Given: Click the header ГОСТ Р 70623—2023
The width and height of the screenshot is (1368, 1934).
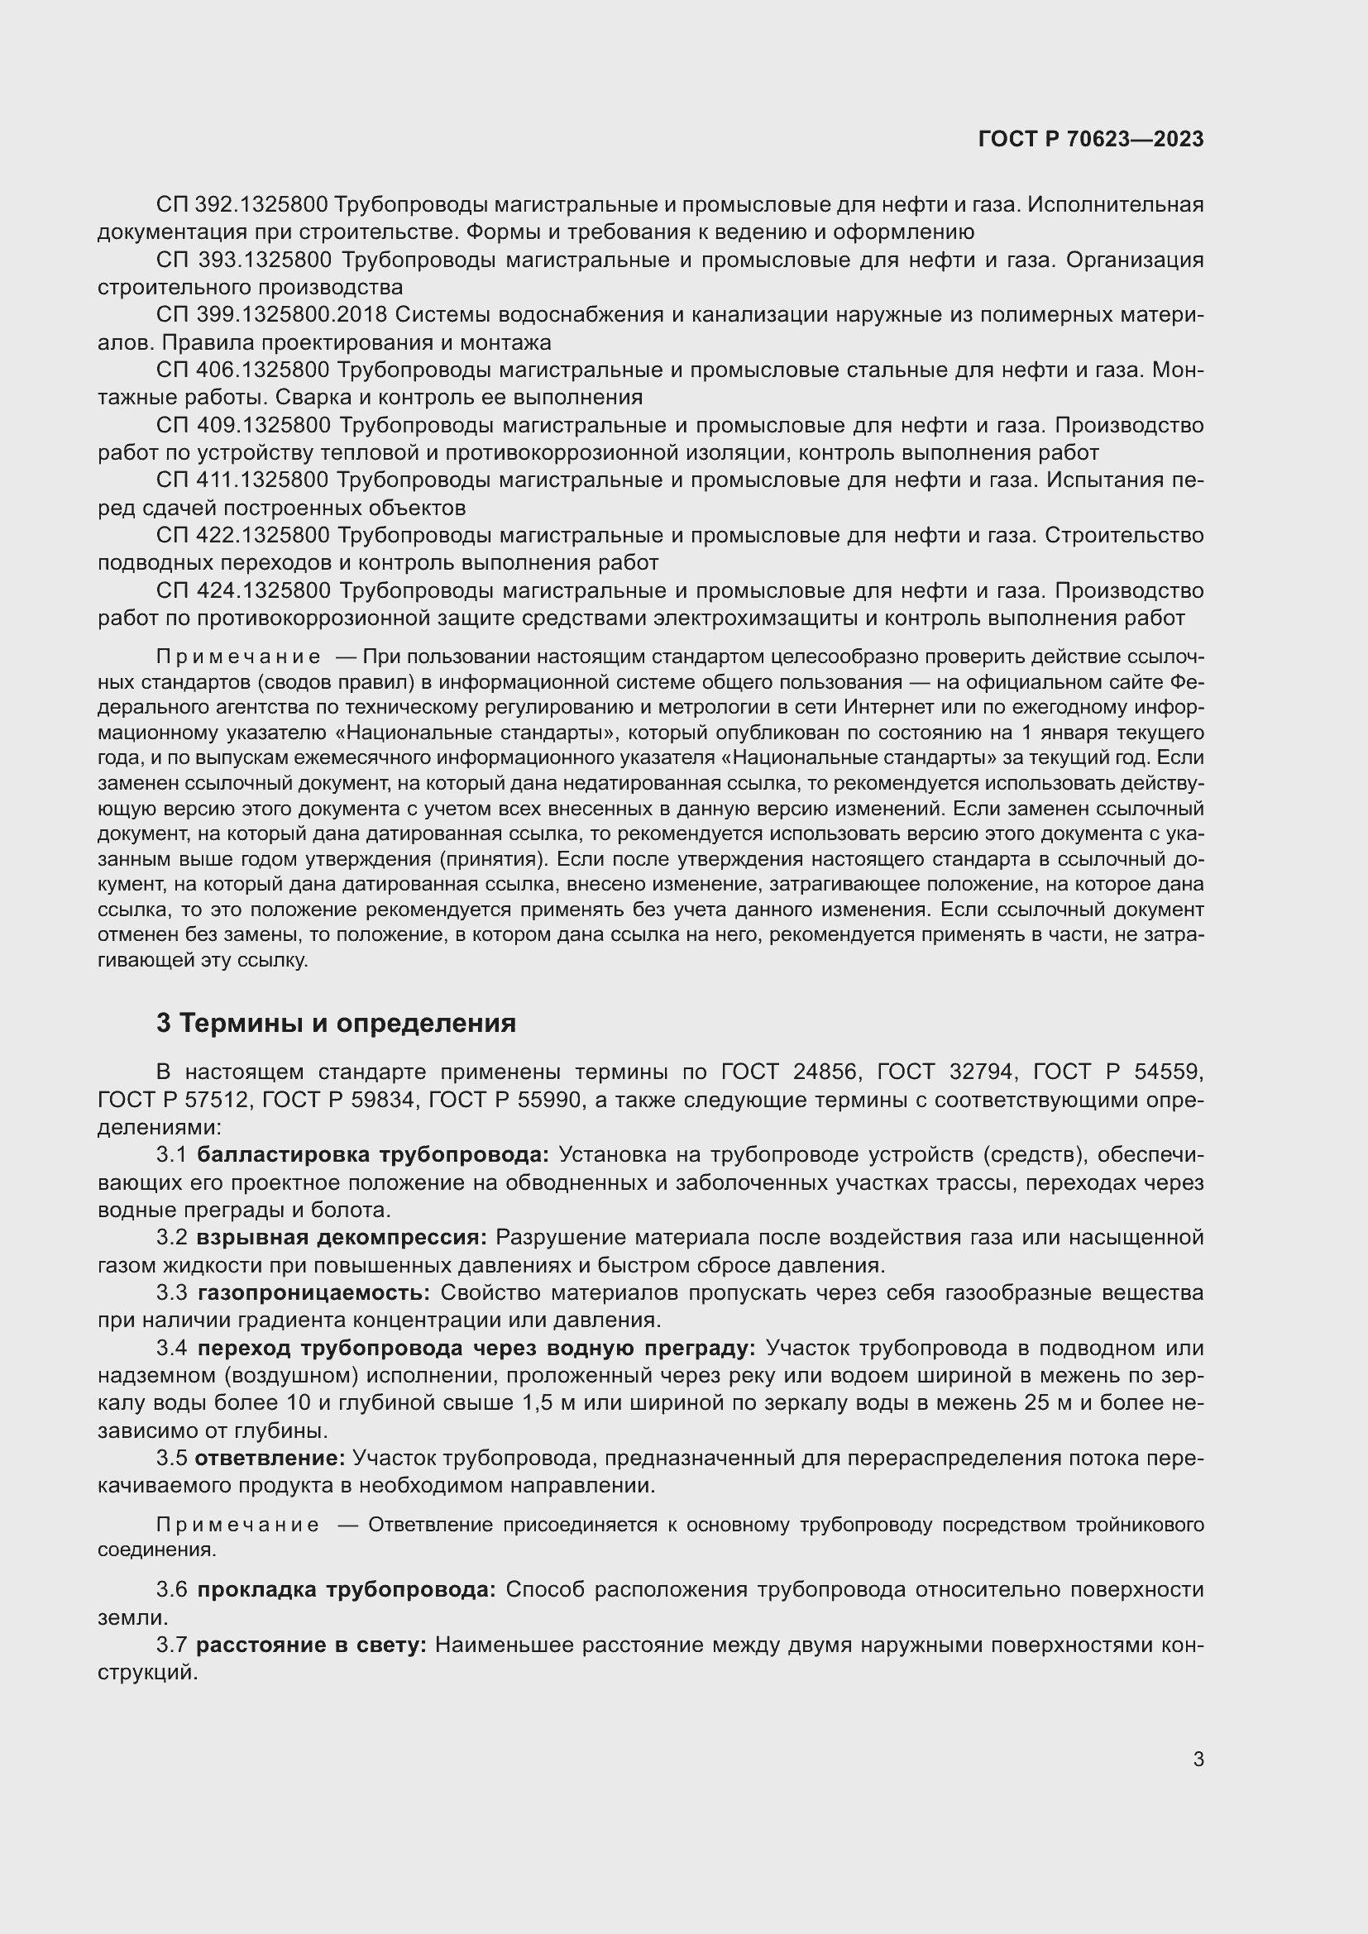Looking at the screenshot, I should [x=1091, y=139].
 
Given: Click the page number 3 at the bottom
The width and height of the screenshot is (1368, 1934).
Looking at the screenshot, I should [x=1198, y=1759].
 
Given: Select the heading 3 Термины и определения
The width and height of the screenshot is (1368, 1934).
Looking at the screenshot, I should [x=335, y=1023].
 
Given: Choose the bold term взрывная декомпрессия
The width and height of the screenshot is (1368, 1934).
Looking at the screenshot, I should [x=342, y=1238].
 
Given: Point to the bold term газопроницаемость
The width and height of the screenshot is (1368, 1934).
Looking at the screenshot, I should [x=314, y=1293].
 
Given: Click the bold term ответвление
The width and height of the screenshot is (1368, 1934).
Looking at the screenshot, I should [x=270, y=1458].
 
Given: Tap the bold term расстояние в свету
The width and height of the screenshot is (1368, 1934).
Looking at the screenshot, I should [x=313, y=1645].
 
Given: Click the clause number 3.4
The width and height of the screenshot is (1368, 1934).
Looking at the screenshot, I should [x=171, y=1349].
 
